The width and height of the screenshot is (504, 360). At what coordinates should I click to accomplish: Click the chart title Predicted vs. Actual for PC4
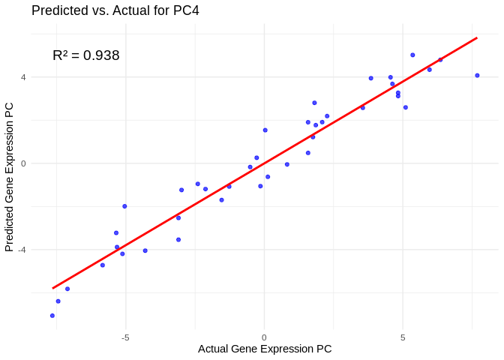[x=115, y=10]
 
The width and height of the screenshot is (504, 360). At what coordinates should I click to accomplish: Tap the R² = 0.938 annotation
[x=85, y=55]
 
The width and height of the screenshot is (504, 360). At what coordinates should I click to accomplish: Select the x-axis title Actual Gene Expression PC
[x=264, y=349]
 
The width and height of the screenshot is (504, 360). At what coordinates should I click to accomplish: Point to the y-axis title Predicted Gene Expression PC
[x=9, y=177]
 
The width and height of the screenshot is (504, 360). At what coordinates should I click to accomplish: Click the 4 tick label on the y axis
[x=23, y=77]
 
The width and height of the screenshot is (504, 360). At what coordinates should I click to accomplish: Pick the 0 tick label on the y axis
[x=23, y=163]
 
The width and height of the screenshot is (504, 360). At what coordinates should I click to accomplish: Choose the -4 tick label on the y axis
[x=22, y=250]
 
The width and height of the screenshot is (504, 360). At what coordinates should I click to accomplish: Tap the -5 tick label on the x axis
[x=125, y=337]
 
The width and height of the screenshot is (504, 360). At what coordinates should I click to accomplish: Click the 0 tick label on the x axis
[x=264, y=337]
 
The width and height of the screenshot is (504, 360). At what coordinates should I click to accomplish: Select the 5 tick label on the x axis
[x=403, y=337]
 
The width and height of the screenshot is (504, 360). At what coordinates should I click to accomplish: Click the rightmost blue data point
[x=477, y=75]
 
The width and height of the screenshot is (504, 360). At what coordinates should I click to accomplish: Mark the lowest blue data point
[x=52, y=316]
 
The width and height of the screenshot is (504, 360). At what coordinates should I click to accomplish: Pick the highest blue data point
[x=412, y=55]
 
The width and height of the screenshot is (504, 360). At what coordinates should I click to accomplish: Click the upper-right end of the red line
[x=476, y=38]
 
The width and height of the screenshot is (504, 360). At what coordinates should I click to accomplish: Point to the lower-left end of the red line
[x=53, y=288]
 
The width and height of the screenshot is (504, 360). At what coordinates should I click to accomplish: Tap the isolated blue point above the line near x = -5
[x=124, y=206]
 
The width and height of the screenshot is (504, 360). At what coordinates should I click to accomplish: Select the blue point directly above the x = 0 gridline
[x=265, y=130]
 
